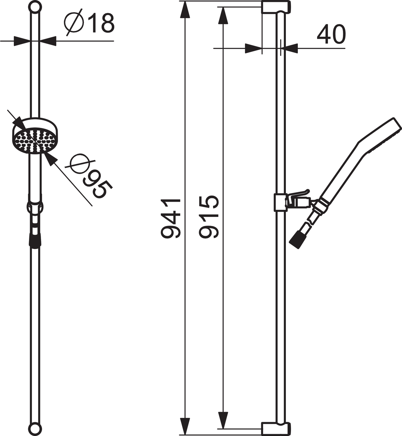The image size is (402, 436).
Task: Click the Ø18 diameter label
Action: click(x=89, y=22)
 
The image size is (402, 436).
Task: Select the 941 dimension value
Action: click(x=171, y=218)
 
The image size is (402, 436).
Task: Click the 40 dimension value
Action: click(x=331, y=34)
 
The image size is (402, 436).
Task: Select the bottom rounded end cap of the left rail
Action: click(x=35, y=429)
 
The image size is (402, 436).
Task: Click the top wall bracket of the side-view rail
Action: click(x=276, y=7)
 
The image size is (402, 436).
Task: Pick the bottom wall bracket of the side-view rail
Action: click(x=276, y=429)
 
